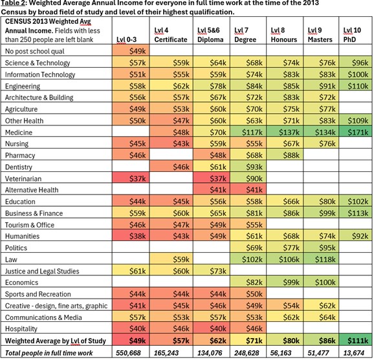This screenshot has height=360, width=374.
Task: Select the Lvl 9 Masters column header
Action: (320, 35)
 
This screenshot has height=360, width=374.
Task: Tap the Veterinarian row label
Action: (23, 178)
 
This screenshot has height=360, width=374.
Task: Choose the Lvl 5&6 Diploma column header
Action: (210, 35)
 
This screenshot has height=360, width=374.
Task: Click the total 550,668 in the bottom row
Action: (128, 353)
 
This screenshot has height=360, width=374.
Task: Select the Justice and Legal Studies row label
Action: (42, 271)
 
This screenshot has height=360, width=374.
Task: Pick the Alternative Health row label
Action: (32, 190)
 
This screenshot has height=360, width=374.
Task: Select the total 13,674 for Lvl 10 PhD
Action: (354, 353)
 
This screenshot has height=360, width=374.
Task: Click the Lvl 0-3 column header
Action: (126, 39)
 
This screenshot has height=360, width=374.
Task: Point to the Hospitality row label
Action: (21, 329)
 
